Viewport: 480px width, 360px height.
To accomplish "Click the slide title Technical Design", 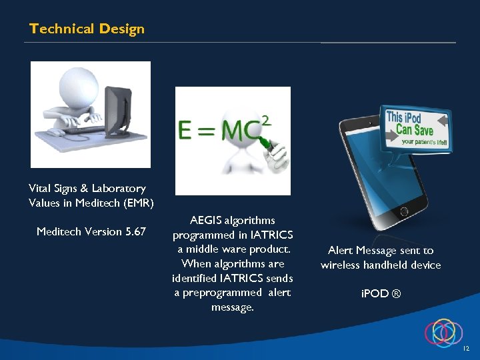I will coord(87,29).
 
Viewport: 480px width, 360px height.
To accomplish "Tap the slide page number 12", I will coord(466,349).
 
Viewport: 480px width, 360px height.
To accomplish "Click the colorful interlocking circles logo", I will coord(443,331).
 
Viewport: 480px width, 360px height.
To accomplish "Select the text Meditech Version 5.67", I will coord(91,232).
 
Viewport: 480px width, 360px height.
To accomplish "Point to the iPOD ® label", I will coord(381,293).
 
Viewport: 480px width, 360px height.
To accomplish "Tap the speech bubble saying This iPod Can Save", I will coord(415,127).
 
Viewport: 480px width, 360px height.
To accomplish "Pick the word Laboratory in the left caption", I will coord(119,189).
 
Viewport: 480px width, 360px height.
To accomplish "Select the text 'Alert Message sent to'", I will coord(381,251).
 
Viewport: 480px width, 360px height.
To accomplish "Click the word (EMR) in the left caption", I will coord(137,203).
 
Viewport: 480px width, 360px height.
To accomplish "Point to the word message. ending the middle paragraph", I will coord(232,307).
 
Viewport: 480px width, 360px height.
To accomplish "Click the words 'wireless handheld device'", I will coord(381,265).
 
